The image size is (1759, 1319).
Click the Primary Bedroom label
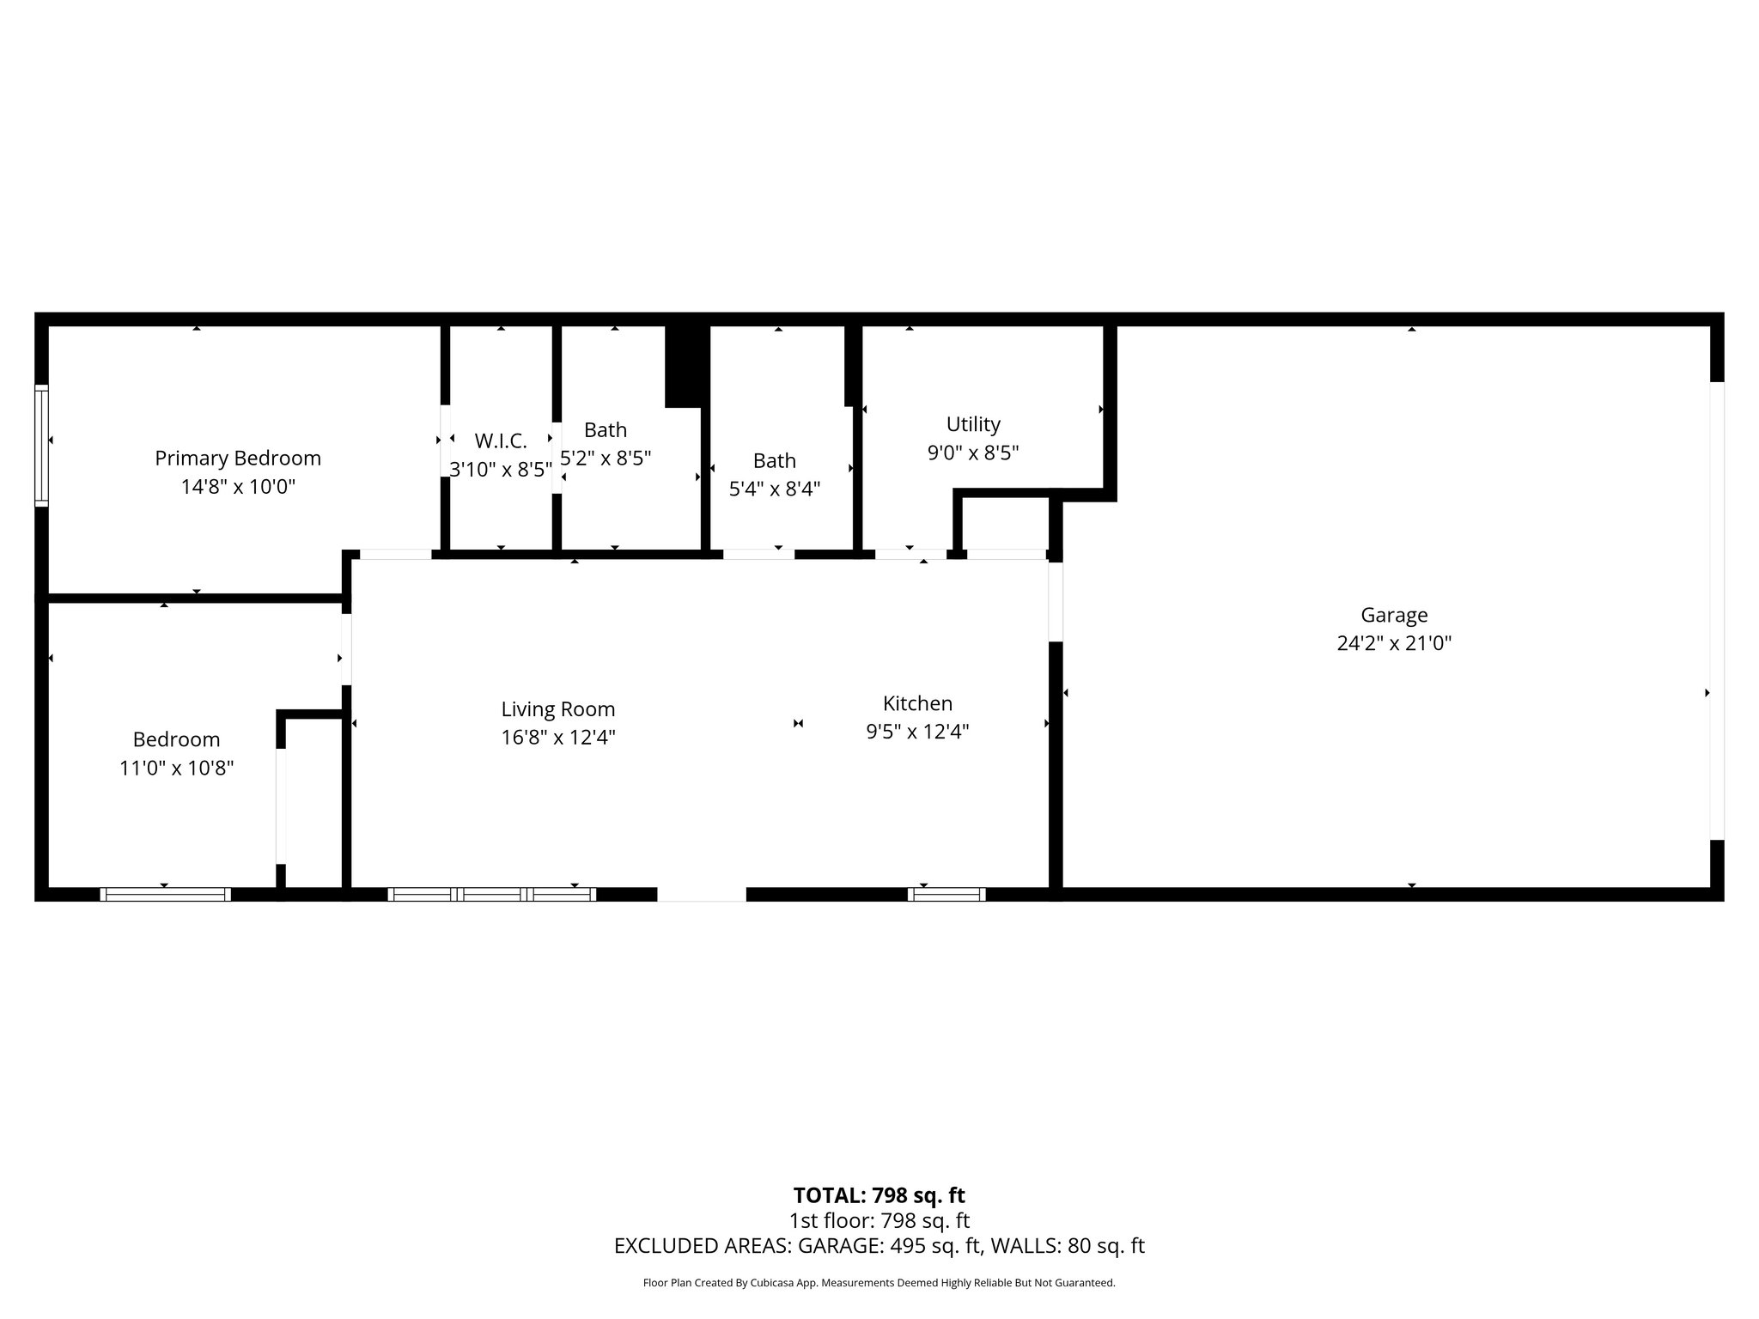pyautogui.click(x=238, y=459)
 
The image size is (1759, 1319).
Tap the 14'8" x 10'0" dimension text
pyautogui.click(x=238, y=487)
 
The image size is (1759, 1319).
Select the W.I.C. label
pyautogui.click(x=501, y=441)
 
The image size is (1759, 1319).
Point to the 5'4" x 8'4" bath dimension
pyautogui.click(x=774, y=489)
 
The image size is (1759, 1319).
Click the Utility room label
pyautogui.click(x=973, y=424)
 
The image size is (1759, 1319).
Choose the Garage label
pyautogui.click(x=1394, y=615)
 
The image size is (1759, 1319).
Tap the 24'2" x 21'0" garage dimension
pyautogui.click(x=1394, y=643)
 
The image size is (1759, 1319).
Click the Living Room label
pyautogui.click(x=558, y=709)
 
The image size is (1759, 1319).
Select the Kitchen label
pyautogui.click(x=917, y=703)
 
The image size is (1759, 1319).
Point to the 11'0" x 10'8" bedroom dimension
pyautogui.click(x=176, y=768)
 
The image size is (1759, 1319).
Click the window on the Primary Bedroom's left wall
pyautogui.click(x=41, y=447)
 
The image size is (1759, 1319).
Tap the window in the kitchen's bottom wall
pyautogui.click(x=946, y=894)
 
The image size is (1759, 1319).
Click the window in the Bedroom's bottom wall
pyautogui.click(x=166, y=894)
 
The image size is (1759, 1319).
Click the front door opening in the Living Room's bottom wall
pyautogui.click(x=702, y=894)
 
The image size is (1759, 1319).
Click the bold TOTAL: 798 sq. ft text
pyautogui.click(x=879, y=1195)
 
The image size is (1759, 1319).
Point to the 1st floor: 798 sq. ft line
pyautogui.click(x=879, y=1220)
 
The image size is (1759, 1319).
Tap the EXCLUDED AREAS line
pyautogui.click(x=879, y=1246)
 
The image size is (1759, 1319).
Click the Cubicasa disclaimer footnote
pyautogui.click(x=879, y=1283)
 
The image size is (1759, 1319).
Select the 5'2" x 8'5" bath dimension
pyautogui.click(x=606, y=459)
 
